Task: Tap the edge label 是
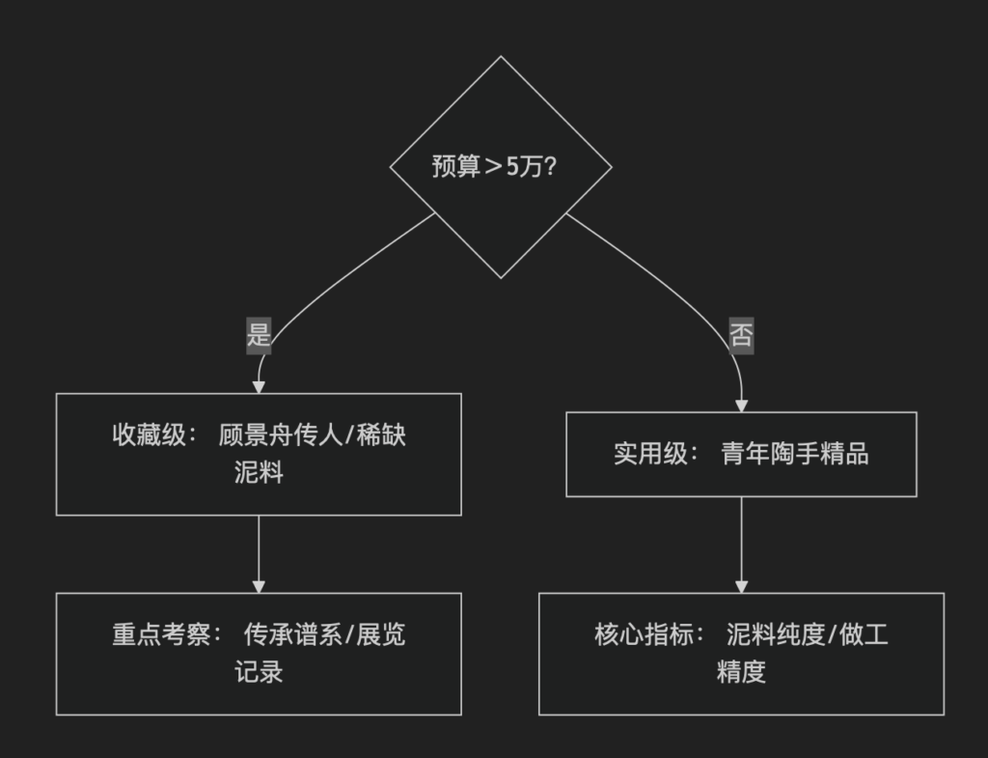point(259,335)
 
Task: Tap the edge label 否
point(741,335)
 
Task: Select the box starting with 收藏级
point(259,454)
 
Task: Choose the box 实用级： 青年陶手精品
point(741,454)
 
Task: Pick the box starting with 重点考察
point(259,654)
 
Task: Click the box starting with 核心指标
point(741,654)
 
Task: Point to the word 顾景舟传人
point(281,435)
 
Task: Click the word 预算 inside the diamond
point(455,167)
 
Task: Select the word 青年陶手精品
point(794,454)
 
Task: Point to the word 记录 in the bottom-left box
point(259,672)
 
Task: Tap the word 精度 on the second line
point(741,672)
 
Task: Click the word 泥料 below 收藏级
point(259,473)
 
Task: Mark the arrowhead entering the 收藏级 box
point(259,387)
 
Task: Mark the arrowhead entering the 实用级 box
point(741,407)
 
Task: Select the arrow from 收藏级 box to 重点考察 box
point(259,552)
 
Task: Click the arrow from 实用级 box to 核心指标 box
point(741,543)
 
